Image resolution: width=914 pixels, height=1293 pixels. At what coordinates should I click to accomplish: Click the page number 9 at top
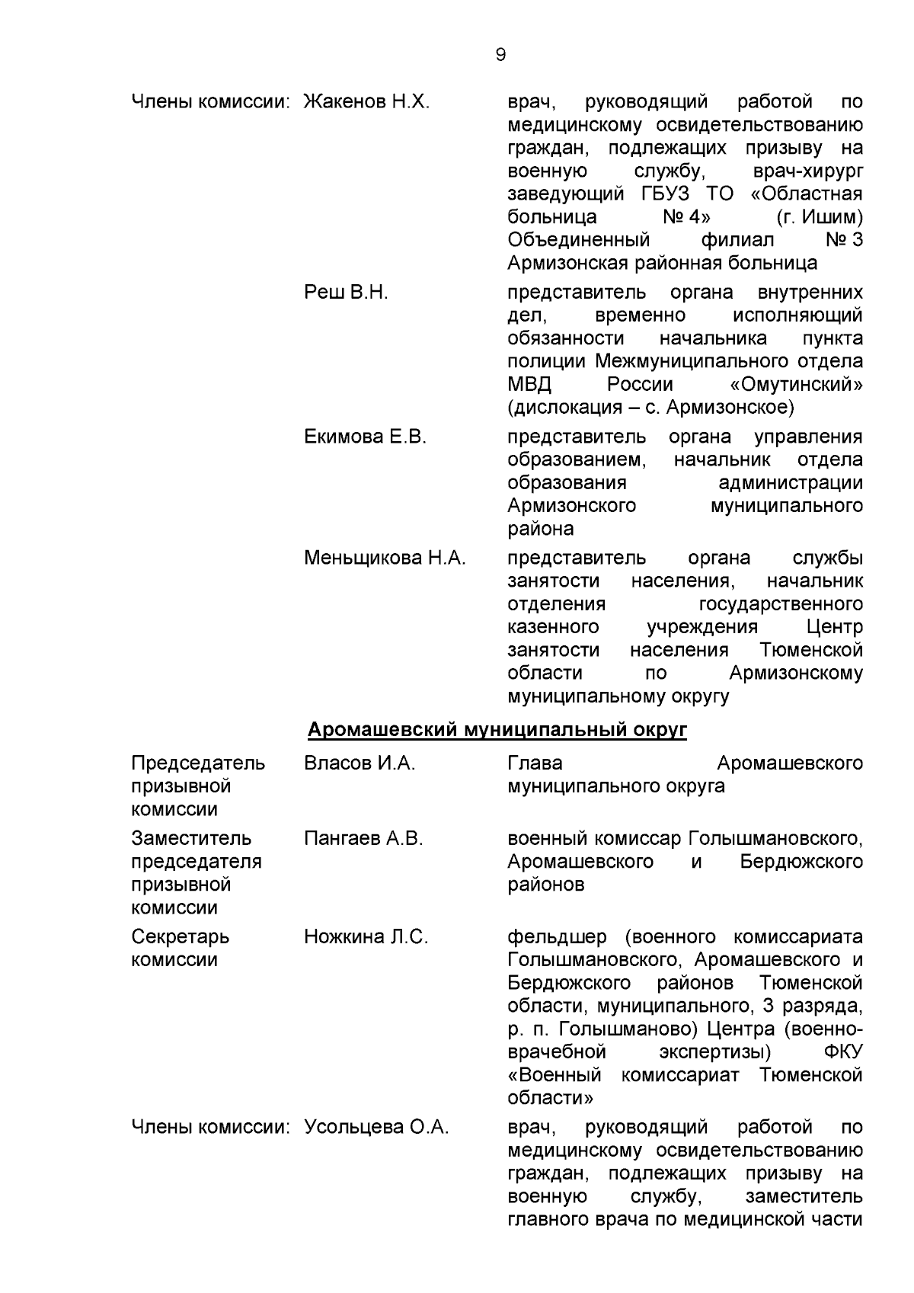(500, 55)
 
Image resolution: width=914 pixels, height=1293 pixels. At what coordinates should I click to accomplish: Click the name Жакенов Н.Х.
(366, 102)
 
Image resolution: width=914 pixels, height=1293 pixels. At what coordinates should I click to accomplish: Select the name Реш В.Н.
(346, 293)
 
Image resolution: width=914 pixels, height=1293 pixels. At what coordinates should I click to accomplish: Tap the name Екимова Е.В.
(365, 437)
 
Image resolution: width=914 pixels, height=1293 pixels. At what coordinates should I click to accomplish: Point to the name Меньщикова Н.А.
(385, 558)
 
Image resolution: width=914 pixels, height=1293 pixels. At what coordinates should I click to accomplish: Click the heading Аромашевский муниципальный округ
(497, 730)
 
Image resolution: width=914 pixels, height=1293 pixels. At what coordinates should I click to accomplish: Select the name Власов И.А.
(360, 763)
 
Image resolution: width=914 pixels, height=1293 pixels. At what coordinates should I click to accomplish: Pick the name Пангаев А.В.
(363, 839)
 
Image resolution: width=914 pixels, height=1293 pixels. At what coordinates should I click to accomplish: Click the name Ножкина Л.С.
(366, 937)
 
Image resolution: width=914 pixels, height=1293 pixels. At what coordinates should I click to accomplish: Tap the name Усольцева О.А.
(376, 1127)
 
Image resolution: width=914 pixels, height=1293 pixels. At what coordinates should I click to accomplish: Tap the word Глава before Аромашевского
(535, 763)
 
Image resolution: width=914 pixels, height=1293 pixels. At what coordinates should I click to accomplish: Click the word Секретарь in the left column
(180, 937)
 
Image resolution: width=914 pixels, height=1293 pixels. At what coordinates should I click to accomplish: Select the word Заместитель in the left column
(191, 839)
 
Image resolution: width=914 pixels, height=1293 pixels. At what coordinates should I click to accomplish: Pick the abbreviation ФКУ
(843, 1052)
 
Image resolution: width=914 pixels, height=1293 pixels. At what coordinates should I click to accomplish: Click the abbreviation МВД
(529, 384)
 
